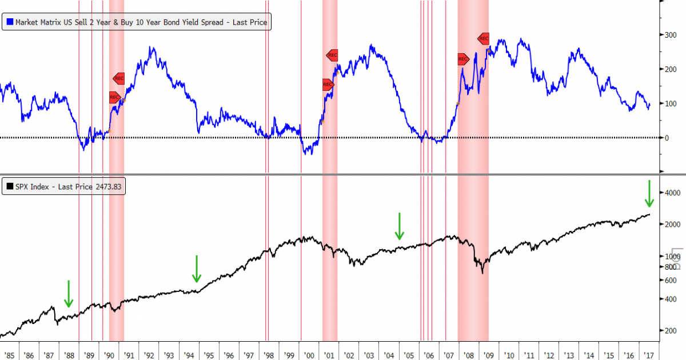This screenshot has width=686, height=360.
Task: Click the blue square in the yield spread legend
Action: pos(10,23)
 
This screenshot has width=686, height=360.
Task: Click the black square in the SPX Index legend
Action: pos(10,187)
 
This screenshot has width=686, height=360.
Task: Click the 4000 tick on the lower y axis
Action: pos(669,193)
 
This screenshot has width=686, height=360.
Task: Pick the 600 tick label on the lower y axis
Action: pos(667,280)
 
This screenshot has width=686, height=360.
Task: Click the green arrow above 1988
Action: pos(69,294)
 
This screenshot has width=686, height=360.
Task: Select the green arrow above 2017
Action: pos(649,194)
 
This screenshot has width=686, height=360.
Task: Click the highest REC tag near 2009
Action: pos(484,39)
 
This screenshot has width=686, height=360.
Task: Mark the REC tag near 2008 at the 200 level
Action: pos(463,59)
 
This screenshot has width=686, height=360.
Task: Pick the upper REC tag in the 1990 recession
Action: pos(119,78)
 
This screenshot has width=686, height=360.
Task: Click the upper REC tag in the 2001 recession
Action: pos(332,55)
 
